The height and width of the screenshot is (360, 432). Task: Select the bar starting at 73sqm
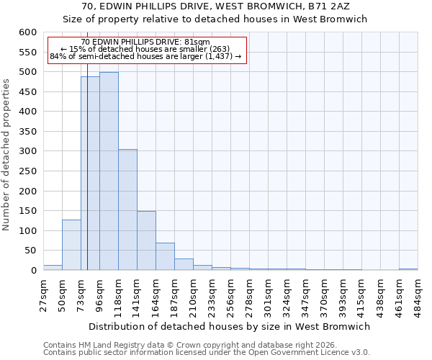[90, 174]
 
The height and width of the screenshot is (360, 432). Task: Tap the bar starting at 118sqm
[127, 210]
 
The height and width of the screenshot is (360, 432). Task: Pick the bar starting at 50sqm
[71, 245]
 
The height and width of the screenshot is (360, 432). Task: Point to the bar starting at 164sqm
[165, 256]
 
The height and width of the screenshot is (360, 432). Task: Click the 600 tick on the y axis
[27, 32]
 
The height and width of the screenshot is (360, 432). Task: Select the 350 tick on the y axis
[27, 132]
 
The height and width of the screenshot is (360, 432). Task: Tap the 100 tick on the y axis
[27, 231]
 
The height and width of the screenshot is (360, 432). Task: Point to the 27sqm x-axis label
[43, 294]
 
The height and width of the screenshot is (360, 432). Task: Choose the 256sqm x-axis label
[230, 294]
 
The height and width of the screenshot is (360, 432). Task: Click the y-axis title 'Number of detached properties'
[7, 155]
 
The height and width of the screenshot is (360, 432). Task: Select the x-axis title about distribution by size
[230, 326]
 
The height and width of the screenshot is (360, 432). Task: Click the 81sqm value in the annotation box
[197, 42]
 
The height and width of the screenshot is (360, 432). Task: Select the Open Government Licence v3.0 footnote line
[206, 353]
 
